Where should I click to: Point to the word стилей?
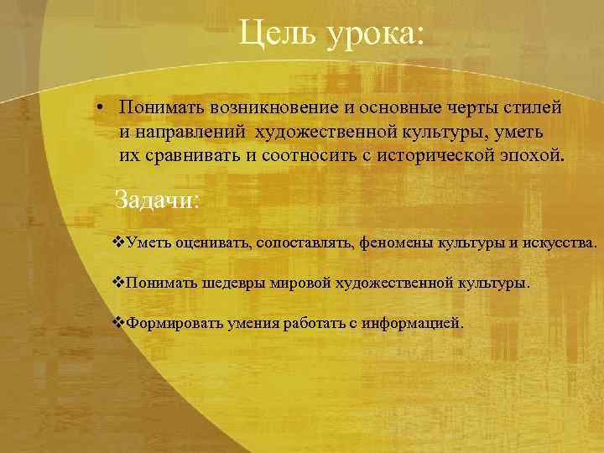coord(537,108)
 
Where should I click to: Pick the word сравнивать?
coord(183,156)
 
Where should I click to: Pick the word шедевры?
coord(233,284)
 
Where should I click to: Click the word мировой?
coord(300,284)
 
